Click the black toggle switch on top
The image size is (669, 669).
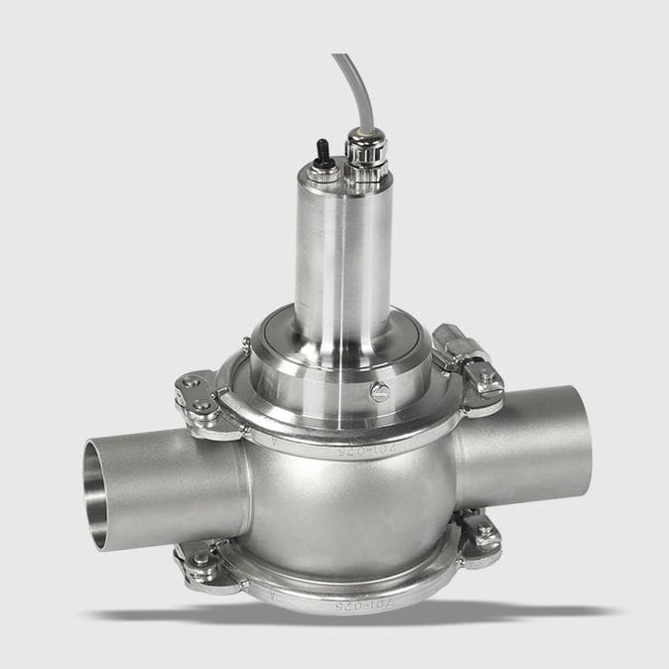pos(323,151)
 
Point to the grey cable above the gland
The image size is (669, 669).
pos(349,84)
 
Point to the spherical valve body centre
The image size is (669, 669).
pos(347,511)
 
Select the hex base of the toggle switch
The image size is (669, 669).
pos(323,171)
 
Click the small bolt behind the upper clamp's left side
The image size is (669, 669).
pos(245,346)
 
